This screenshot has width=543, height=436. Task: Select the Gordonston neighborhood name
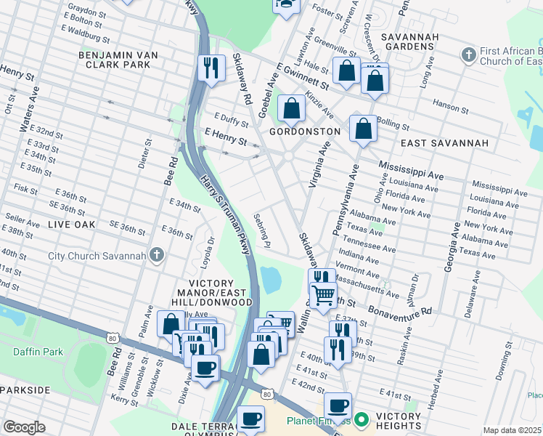coord(304,132)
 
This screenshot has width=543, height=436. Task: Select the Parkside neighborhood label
coord(25,390)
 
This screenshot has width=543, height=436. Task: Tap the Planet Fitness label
coord(318,421)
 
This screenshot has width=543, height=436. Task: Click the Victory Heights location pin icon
coord(364,421)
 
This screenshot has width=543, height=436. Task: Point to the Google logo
coord(24,427)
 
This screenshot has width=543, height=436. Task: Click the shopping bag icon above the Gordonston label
coord(291,109)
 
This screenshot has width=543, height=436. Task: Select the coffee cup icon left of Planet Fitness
coord(251,419)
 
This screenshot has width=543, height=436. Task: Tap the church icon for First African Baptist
coord(468,55)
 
